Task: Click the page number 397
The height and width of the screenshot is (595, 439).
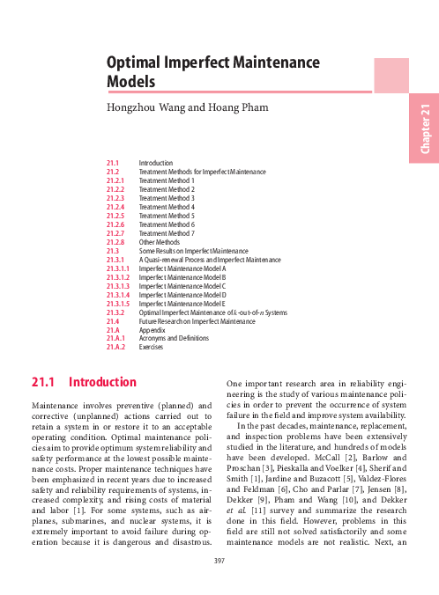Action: point(219,581)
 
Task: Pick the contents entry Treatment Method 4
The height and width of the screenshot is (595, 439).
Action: point(167,207)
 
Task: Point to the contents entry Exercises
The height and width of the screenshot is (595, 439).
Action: point(152,348)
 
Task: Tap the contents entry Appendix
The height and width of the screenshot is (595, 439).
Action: point(153,330)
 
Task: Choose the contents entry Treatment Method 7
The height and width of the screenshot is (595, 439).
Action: point(167,233)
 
